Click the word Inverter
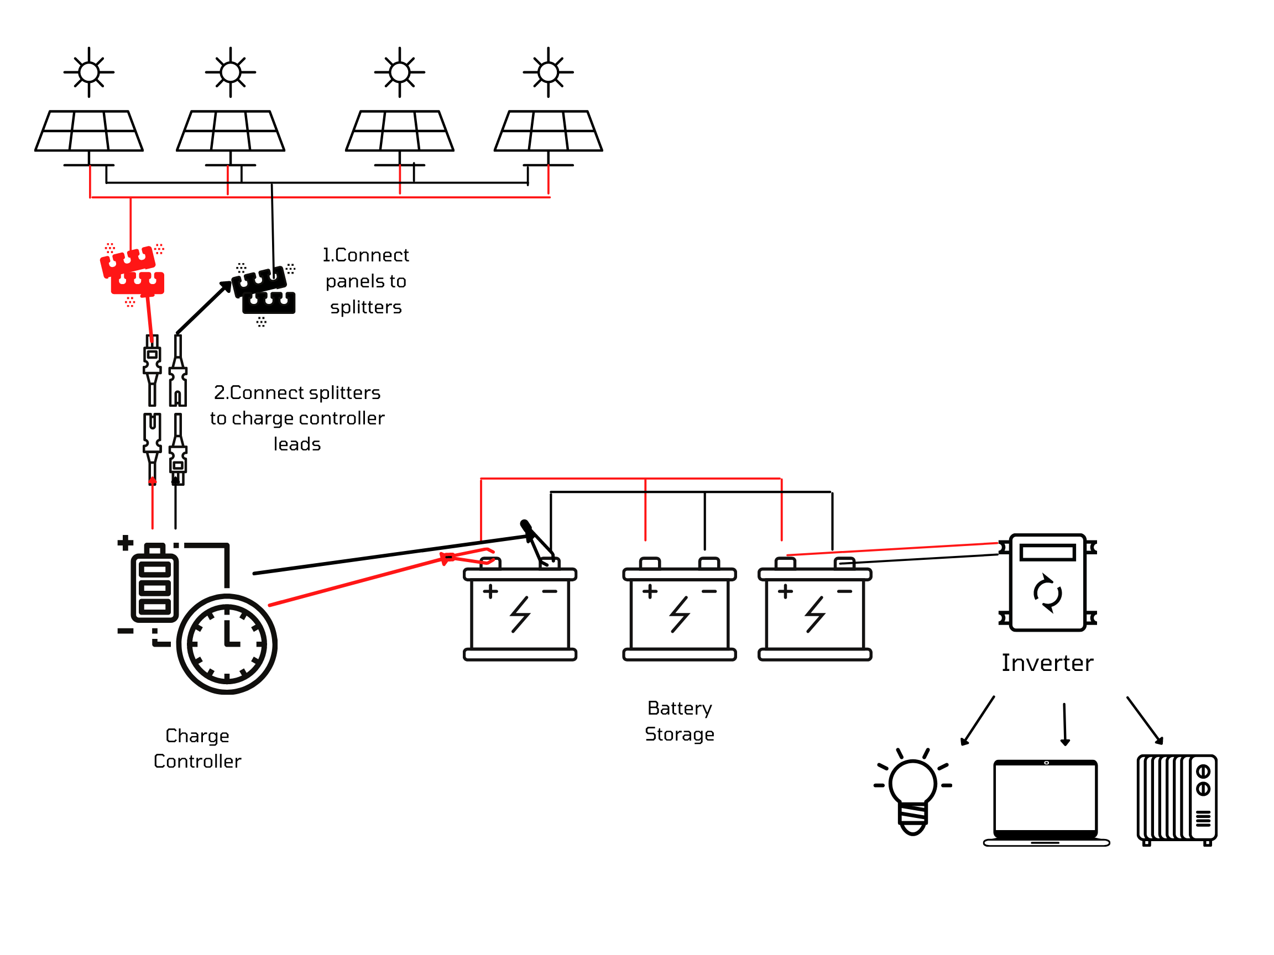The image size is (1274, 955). coord(1047,663)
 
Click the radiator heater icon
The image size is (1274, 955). coord(1176,799)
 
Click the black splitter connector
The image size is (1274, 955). coord(264,291)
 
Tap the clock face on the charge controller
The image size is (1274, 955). coord(227,643)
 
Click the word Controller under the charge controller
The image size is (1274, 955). coord(197,762)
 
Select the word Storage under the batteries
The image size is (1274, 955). coord(679,734)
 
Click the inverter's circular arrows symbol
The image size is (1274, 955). coord(1047,593)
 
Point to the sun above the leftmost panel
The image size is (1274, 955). coord(88,72)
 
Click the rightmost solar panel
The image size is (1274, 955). coord(548,130)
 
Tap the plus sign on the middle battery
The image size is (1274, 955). coord(650,591)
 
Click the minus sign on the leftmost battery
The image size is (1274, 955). coord(550,591)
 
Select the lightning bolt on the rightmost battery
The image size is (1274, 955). coord(814,615)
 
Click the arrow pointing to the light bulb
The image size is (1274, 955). coord(977,721)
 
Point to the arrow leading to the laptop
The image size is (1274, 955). coord(1064,724)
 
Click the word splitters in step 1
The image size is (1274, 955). coord(366,307)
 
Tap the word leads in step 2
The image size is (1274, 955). coord(296,444)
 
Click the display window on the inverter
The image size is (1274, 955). coord(1047,553)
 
